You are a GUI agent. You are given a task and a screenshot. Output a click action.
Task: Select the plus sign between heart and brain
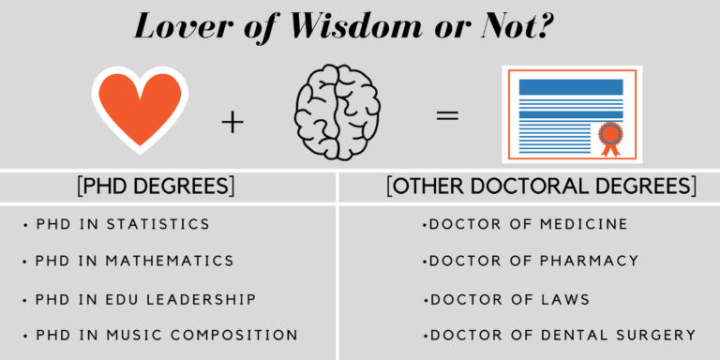(x=232, y=121)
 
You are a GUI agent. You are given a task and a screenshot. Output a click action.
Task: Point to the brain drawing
(x=337, y=113)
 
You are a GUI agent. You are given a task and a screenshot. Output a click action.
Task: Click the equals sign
(x=447, y=116)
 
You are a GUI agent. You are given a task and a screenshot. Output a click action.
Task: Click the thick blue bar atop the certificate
(x=571, y=86)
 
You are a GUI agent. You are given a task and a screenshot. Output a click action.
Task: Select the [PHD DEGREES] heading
(x=156, y=186)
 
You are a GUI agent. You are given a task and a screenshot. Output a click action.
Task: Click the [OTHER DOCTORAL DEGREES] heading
(x=541, y=186)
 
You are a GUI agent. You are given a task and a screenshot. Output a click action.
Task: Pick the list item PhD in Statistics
(x=122, y=225)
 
